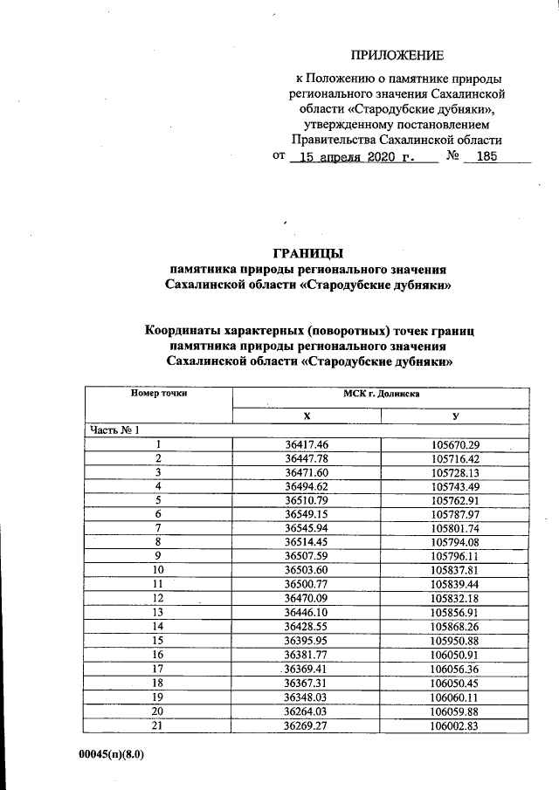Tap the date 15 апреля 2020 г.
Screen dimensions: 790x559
[x=355, y=158]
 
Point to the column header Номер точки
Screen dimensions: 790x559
[x=159, y=394]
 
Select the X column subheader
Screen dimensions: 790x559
[x=306, y=416]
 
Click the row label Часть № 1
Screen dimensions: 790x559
[x=113, y=430]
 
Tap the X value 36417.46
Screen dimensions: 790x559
[x=306, y=445]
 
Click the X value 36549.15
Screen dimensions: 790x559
[x=306, y=515]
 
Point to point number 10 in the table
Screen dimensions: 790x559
[x=159, y=570]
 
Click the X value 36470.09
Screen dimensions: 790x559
[x=306, y=598]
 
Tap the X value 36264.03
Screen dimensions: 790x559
[x=306, y=709]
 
